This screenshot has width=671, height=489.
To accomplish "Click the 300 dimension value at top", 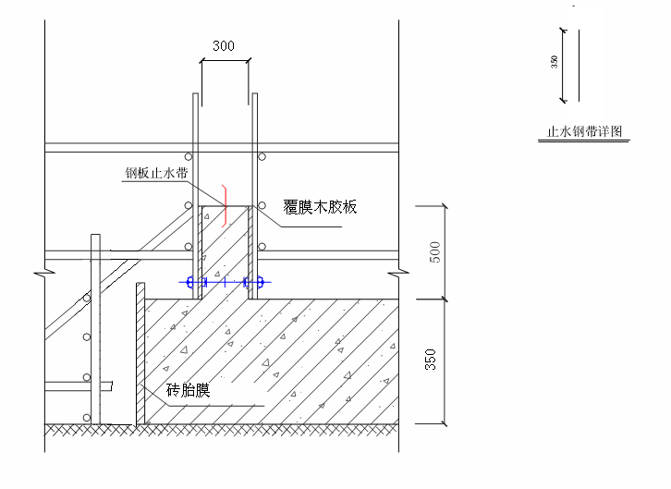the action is tap(224, 46).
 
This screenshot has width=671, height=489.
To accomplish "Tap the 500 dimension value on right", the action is tap(434, 252).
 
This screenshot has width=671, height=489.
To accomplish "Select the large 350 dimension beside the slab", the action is tap(431, 360).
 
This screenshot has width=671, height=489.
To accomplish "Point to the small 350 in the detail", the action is tap(555, 62).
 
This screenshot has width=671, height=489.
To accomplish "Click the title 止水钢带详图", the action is tap(584, 131).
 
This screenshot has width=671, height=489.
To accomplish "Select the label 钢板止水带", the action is tap(156, 173).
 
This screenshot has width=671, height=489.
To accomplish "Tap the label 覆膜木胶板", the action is tap(320, 207).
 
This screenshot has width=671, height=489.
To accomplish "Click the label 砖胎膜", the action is tap(188, 390).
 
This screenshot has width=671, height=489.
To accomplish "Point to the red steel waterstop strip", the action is tap(225, 206).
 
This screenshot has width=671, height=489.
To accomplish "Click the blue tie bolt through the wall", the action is tap(225, 282).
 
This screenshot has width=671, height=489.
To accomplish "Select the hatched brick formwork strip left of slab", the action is tap(140, 354).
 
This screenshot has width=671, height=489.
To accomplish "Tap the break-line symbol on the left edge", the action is tap(44, 272).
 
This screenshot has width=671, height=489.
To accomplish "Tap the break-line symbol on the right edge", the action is tap(398, 272).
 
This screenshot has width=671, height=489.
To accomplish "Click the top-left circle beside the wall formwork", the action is tap(189, 157).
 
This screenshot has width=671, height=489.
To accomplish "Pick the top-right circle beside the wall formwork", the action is tap(262, 157).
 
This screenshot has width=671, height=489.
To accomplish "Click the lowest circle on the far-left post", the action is tap(87, 418).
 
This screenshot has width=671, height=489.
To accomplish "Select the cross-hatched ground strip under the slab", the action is tap(221, 430).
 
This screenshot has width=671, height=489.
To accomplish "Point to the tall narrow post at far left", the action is tap(95, 329).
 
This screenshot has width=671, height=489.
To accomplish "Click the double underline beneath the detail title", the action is tap(584, 140).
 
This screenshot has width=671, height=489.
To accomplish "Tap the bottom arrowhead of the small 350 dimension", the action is tap(563, 101).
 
